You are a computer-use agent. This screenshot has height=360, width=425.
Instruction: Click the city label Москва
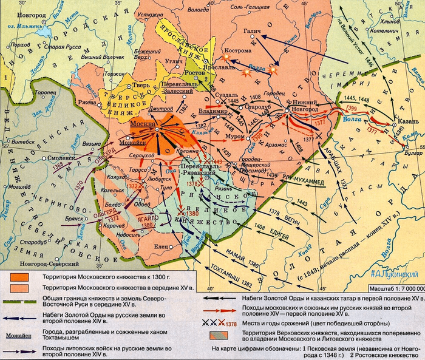143,124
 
